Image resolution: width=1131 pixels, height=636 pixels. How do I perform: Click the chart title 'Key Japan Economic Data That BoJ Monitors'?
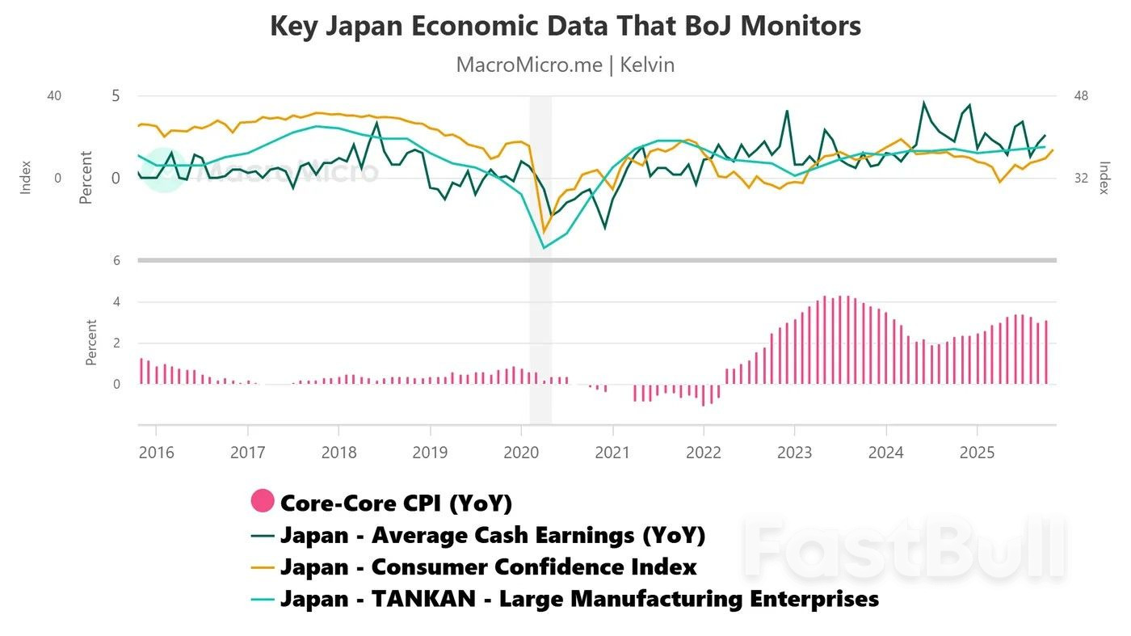click(565, 27)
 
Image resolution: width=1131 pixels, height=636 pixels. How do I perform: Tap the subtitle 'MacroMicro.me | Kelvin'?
click(565, 65)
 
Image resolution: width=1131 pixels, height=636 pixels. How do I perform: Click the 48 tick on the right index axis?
click(1081, 96)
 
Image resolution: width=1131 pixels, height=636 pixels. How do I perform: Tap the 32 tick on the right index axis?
click(1081, 178)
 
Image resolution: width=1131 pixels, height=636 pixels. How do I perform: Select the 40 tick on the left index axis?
click(54, 96)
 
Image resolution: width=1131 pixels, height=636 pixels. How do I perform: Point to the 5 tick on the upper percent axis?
click(116, 96)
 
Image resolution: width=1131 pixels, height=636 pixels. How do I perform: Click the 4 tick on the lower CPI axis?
click(116, 302)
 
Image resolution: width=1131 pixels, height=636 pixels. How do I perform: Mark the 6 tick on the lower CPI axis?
click(116, 260)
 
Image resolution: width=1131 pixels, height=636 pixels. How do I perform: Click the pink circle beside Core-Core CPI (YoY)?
click(263, 502)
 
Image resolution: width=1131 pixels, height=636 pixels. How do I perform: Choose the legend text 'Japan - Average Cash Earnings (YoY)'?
click(493, 535)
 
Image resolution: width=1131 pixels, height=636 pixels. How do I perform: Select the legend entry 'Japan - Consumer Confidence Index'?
click(488, 567)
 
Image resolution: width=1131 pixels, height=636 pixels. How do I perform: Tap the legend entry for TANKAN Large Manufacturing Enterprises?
click(579, 600)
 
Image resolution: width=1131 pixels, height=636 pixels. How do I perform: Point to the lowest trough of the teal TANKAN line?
click(544, 247)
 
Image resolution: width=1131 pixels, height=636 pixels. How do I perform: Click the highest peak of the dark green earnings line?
click(924, 103)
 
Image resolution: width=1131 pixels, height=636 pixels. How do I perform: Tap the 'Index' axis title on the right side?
click(1104, 178)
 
